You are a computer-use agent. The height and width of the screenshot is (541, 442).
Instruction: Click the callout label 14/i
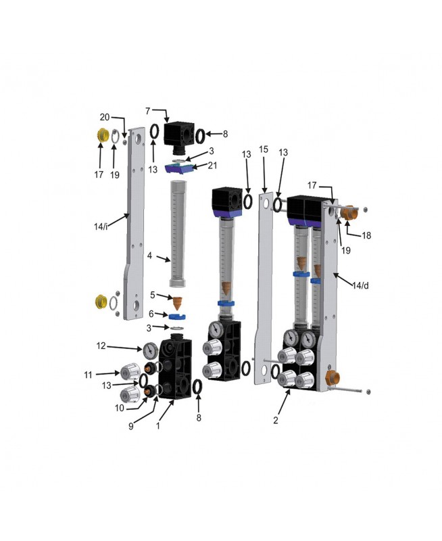[x=101, y=227]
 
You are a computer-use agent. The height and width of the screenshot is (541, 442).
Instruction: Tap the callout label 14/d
[x=360, y=285]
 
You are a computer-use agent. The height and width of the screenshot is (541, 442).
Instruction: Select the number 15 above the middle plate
[x=264, y=149]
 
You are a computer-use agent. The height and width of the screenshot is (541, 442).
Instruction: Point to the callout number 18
[x=366, y=235]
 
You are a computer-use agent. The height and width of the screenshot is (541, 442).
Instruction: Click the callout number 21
[x=212, y=165]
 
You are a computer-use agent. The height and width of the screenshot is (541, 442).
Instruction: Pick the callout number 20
[x=105, y=117]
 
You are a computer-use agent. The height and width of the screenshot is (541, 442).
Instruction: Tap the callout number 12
[x=101, y=346]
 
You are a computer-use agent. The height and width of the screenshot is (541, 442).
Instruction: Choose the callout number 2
[x=276, y=420]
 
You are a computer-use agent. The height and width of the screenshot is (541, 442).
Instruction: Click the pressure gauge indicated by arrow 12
[x=149, y=350]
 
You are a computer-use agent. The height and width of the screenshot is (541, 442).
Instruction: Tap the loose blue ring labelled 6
[x=178, y=316]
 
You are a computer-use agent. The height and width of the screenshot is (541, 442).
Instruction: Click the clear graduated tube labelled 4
[x=178, y=233]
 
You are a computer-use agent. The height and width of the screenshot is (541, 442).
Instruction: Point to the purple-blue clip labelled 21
[x=178, y=168]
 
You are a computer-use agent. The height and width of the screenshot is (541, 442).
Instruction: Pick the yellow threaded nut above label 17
[x=101, y=136]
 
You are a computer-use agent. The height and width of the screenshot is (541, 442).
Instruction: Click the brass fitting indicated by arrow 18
[x=349, y=212]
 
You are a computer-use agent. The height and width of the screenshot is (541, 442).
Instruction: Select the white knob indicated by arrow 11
[x=129, y=371]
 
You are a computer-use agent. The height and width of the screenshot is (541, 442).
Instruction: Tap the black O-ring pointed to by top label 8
[x=200, y=135]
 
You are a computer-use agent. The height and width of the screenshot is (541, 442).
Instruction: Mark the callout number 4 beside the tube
[x=149, y=256]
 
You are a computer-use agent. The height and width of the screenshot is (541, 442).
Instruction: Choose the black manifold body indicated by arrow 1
[x=175, y=369]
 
